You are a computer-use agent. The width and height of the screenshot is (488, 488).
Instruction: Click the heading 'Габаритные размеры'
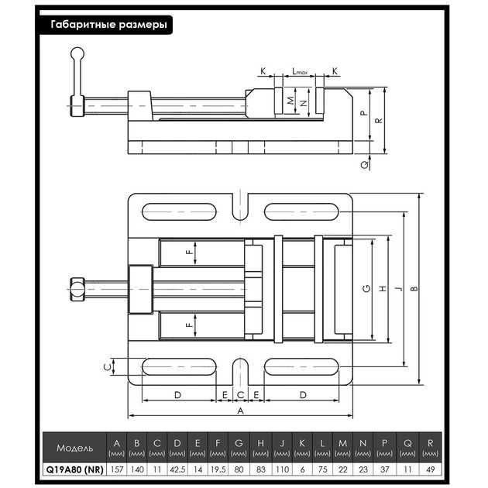tap(108, 25)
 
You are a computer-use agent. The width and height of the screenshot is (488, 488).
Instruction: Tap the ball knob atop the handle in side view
tap(77, 53)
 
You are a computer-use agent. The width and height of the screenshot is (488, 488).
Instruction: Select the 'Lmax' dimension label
tap(300, 71)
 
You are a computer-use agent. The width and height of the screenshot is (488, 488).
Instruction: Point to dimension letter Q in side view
tap(364, 165)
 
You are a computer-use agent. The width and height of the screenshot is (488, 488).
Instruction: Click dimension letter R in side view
tap(379, 121)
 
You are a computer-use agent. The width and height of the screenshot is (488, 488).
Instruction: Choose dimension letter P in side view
tap(364, 113)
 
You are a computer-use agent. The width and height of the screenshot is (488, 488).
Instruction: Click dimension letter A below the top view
tap(240, 411)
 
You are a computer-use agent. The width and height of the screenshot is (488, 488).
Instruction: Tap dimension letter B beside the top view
tap(414, 289)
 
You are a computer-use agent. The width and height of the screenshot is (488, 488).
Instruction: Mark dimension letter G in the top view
tap(367, 289)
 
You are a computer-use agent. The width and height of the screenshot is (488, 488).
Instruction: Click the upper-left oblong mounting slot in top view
tap(179, 212)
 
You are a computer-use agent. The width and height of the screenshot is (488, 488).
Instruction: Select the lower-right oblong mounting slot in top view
tap(301, 366)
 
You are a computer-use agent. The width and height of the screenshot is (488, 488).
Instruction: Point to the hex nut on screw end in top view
tap(77, 290)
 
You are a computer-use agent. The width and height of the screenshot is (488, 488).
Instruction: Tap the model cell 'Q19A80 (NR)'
tap(74, 469)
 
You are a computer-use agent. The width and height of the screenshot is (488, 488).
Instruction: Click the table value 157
tap(117, 469)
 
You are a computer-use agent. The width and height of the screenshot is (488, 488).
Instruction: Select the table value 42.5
tap(177, 469)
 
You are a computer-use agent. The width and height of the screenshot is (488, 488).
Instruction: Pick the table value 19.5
tap(218, 469)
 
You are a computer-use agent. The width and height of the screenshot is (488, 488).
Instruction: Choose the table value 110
tap(282, 469)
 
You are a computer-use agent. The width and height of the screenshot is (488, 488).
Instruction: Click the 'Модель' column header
tap(74, 448)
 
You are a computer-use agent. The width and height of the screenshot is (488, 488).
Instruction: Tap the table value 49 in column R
tap(430, 469)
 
